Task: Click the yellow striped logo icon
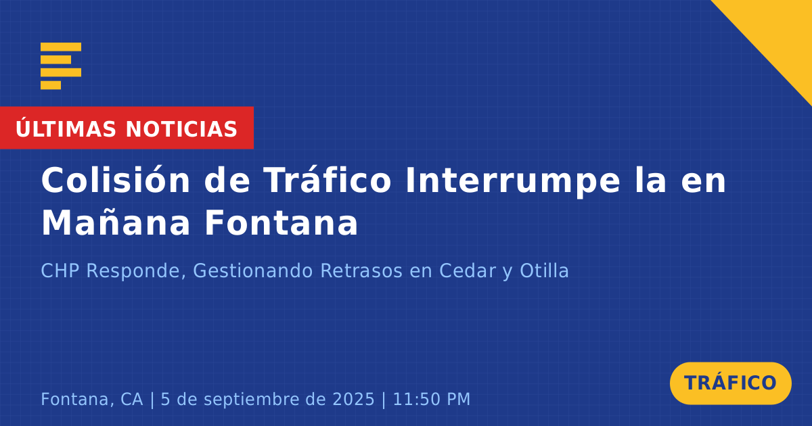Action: pos(61,66)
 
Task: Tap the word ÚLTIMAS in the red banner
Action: pos(66,128)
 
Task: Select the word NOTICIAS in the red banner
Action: pos(181,129)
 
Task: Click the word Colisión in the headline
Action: pos(116,180)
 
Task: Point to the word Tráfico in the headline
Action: pos(328,180)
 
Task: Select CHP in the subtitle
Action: pos(60,270)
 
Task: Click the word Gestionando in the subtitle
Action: pos(252,270)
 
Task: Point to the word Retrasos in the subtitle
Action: pos(361,270)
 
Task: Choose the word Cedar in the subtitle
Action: pos(468,270)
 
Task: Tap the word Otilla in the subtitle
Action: pos(544,270)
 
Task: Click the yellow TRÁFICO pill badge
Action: pos(730,383)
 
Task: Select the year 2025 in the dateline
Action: pos(353,399)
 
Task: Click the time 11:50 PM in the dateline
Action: pos(432,399)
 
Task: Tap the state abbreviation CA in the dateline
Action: pos(131,399)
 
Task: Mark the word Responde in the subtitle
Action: pos(136,271)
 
